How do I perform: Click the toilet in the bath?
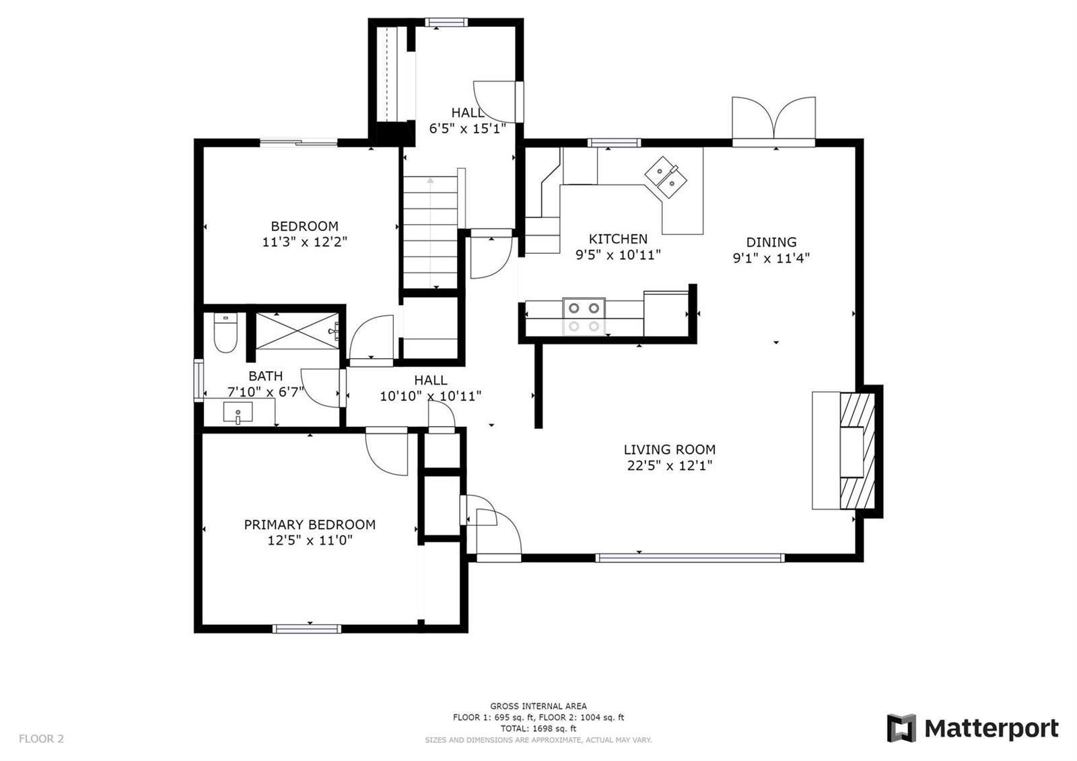click(225, 333)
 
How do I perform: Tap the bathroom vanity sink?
click(238, 413)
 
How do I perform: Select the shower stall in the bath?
click(298, 331)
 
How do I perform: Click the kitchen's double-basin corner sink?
click(666, 177)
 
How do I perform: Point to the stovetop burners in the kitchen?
click(584, 317)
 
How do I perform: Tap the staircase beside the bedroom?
click(430, 232)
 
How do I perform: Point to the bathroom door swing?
click(320, 388)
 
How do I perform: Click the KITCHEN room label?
click(618, 239)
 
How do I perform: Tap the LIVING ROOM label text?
click(669, 450)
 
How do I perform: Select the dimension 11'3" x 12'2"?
click(304, 242)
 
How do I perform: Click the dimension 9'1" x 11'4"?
click(771, 259)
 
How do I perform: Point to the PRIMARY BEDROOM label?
click(310, 525)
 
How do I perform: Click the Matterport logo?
click(972, 728)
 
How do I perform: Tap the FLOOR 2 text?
click(41, 739)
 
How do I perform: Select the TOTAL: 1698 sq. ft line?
click(538, 729)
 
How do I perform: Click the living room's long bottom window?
click(690, 558)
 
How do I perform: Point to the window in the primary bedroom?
click(307, 629)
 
